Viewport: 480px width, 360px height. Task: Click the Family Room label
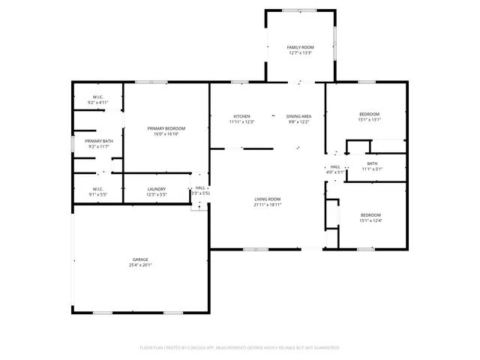[300, 47]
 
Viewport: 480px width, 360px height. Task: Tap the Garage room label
[141, 259]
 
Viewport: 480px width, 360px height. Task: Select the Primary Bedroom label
[165, 129]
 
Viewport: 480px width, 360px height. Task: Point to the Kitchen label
[241, 116]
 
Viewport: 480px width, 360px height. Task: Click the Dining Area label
[299, 116]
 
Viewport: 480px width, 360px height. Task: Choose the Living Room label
[267, 198]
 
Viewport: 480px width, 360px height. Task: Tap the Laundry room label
[157, 189]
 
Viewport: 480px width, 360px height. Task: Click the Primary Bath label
[99, 141]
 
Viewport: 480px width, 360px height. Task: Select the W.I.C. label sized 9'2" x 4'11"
[98, 97]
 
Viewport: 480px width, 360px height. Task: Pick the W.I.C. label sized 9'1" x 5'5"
[98, 189]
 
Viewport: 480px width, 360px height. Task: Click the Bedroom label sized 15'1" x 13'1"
[370, 114]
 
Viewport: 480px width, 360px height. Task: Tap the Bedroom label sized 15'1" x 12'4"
[370, 215]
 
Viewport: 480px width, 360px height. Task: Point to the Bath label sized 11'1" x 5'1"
[373, 163]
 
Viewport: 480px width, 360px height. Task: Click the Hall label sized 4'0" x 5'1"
[335, 166]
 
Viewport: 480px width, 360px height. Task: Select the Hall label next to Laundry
[200, 188]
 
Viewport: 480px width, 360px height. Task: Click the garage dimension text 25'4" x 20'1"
[141, 265]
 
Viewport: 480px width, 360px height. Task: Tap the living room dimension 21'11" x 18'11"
[267, 204]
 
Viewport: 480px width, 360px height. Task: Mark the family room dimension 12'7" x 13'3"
[300, 53]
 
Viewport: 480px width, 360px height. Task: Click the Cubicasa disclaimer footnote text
[239, 348]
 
